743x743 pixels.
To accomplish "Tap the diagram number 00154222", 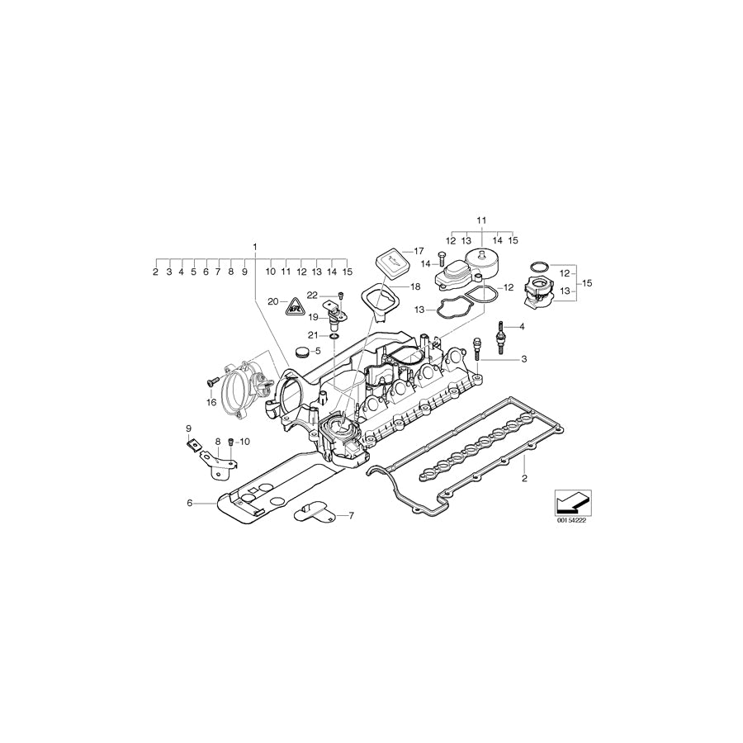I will coord(570,521).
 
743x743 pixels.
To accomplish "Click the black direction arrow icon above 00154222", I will coord(570,501).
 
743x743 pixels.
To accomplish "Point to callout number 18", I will coord(415,286).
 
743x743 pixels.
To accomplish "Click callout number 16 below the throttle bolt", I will coord(211,404).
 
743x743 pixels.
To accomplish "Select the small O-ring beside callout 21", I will coord(333,336).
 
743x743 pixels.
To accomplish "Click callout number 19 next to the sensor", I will coord(314,317).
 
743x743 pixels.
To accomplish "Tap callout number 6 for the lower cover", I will coord(189,503).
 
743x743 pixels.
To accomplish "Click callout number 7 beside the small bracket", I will coord(350,516).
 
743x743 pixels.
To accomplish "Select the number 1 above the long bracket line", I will coord(255,247).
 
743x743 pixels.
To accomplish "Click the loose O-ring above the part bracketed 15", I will coord(537,266).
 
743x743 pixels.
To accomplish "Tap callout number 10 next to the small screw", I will coord(244,442).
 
